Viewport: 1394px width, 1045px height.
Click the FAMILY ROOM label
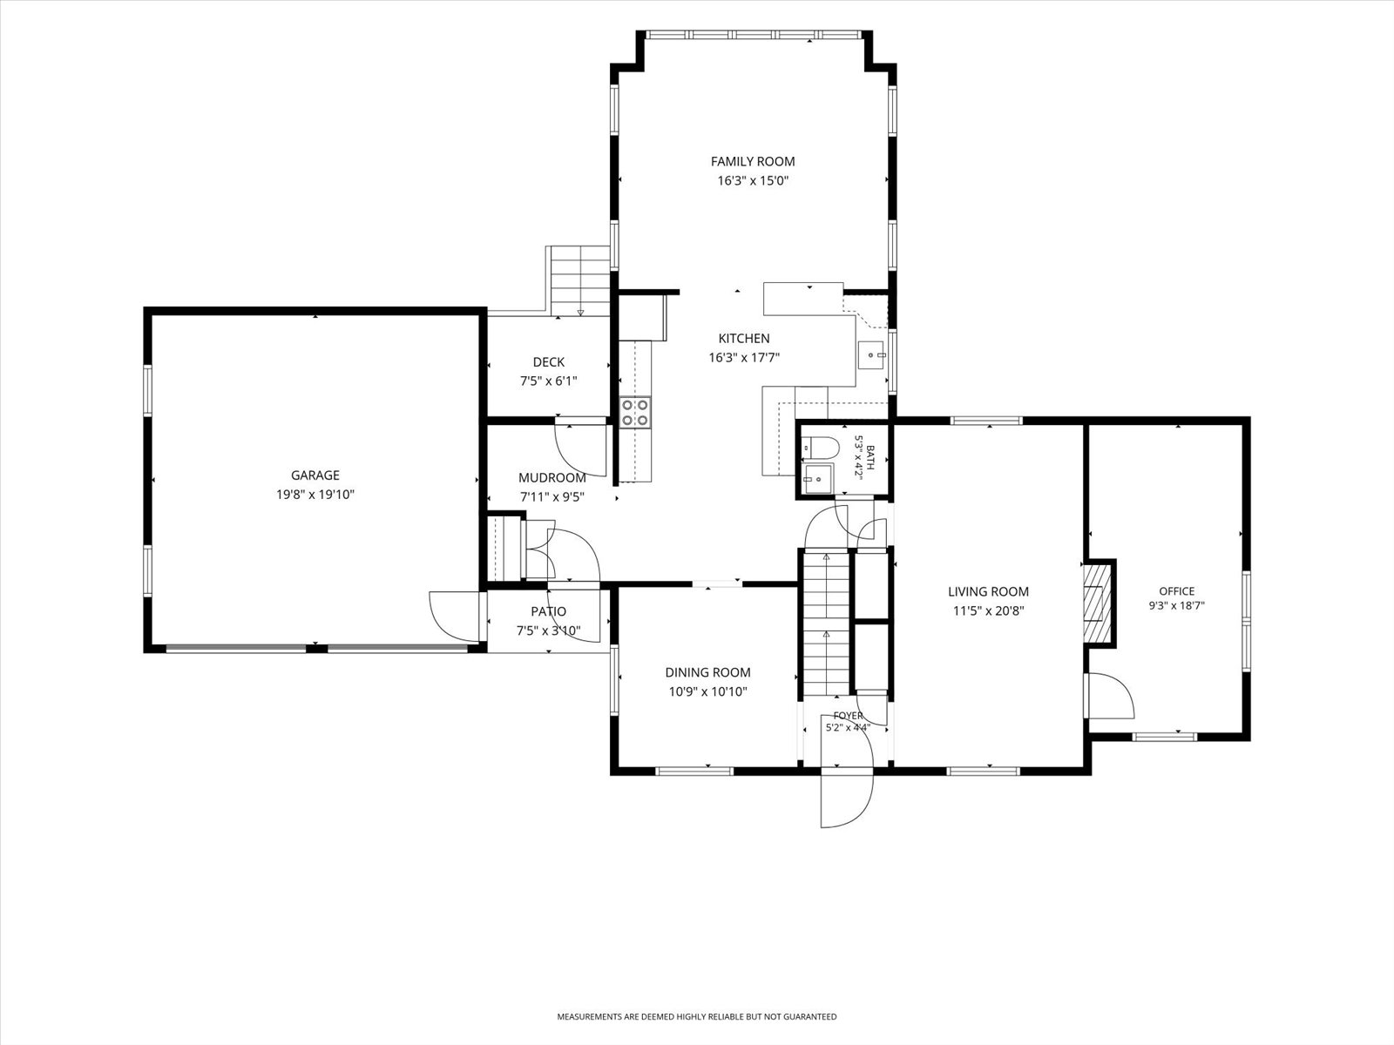(x=753, y=162)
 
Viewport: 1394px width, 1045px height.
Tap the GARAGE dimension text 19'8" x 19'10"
(x=315, y=495)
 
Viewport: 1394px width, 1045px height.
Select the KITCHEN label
(x=744, y=339)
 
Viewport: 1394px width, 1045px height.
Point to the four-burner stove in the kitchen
(x=635, y=412)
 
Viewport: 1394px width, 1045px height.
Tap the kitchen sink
(x=871, y=355)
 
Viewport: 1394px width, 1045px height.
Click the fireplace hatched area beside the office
(x=1098, y=603)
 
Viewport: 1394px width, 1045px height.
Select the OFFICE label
(x=1177, y=590)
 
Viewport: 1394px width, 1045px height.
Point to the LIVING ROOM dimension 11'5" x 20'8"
(x=988, y=611)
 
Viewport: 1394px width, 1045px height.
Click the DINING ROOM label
(x=707, y=672)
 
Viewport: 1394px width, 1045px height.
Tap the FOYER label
(x=848, y=716)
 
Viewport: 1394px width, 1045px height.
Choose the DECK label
(x=549, y=362)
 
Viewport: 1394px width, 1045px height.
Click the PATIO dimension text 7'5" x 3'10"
(x=549, y=630)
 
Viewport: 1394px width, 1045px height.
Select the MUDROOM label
(x=552, y=478)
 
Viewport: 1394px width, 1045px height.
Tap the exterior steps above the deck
(x=580, y=281)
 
